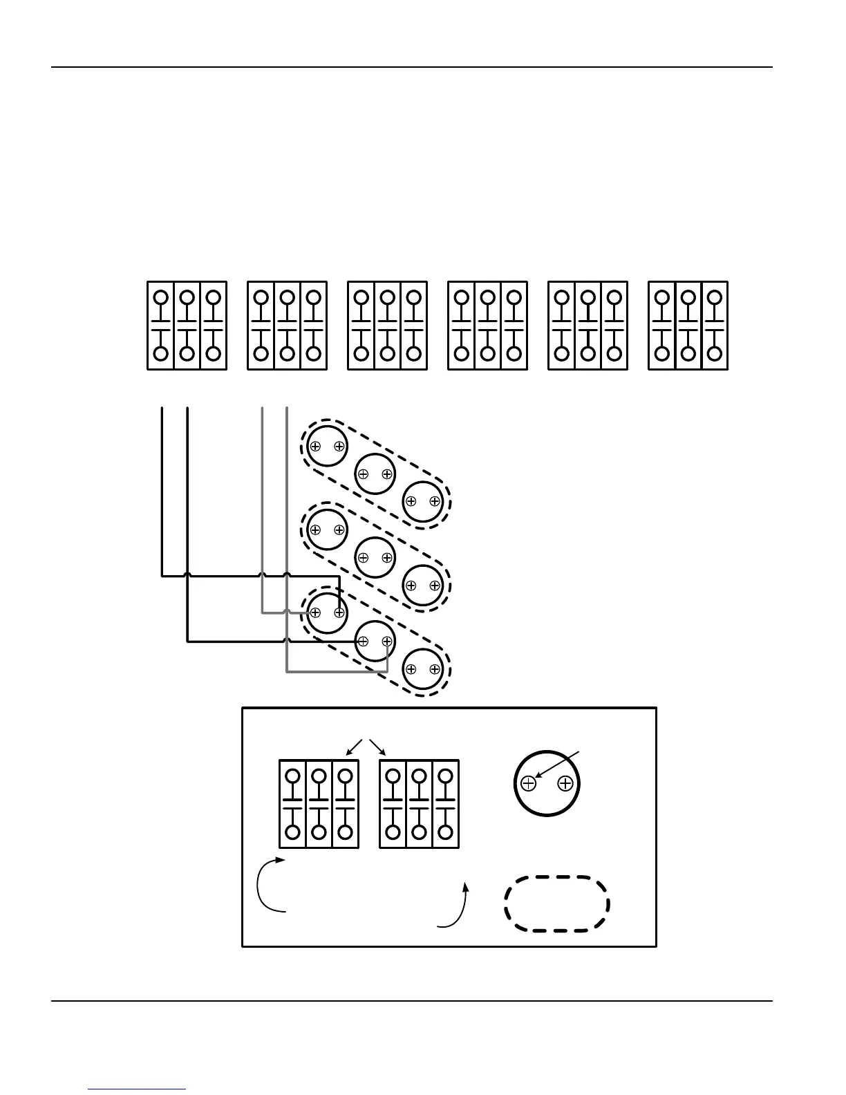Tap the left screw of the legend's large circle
click(528, 783)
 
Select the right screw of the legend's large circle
click(565, 783)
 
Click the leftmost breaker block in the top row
click(187, 326)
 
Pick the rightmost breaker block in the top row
click(688, 326)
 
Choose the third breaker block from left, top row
click(387, 326)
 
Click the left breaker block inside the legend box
click(319, 804)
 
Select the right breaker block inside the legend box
click(419, 804)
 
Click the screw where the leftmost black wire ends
click(339, 613)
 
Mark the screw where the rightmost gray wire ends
click(387, 642)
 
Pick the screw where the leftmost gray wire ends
click(315, 613)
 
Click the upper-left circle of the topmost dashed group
click(327, 447)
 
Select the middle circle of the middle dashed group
click(375, 557)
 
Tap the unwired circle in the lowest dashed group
click(422, 669)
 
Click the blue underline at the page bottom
click(138, 1089)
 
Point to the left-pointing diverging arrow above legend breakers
click(353, 747)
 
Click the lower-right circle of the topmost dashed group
click(422, 502)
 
